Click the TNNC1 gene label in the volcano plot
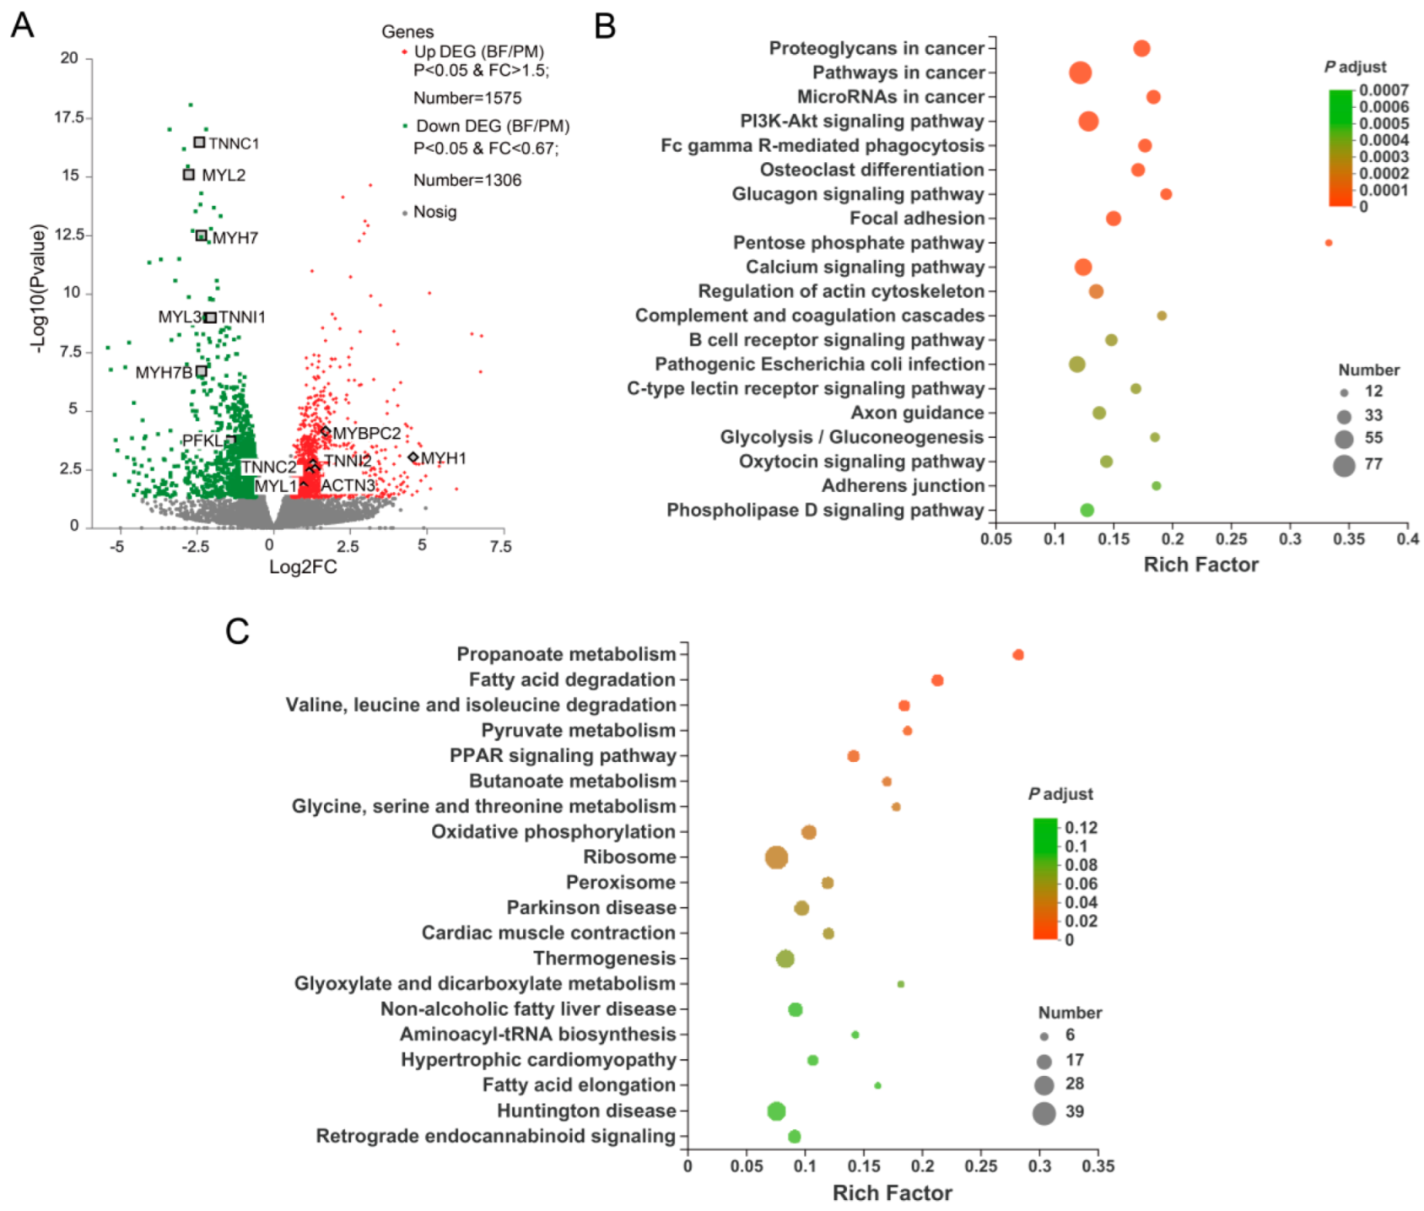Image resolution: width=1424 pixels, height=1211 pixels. [234, 143]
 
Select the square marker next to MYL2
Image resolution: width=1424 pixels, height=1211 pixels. [189, 175]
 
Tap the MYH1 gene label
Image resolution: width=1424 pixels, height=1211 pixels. [444, 458]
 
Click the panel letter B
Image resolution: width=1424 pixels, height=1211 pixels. [605, 25]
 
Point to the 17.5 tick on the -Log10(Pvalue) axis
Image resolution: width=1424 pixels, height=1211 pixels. [69, 117]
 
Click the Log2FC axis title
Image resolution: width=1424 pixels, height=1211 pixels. [302, 567]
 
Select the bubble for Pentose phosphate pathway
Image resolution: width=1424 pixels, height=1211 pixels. [1329, 243]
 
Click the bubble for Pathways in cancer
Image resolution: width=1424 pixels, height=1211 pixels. [1080, 73]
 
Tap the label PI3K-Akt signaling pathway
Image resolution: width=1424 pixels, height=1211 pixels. [861, 122]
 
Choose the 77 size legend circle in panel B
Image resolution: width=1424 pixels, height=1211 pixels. [1344, 465]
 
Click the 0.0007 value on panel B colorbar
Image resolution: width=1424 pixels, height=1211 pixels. [1384, 90]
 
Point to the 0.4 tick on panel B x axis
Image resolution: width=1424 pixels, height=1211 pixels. [1407, 538]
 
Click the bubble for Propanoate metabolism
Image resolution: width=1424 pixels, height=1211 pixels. [1018, 655]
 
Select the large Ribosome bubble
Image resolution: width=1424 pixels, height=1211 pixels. [776, 858]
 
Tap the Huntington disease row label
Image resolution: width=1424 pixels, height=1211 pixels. [585, 1111]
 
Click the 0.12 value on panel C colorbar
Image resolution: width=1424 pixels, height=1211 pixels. [1081, 828]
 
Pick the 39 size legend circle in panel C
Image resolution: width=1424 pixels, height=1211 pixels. [1044, 1113]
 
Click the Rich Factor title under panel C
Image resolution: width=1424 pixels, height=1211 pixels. [892, 1192]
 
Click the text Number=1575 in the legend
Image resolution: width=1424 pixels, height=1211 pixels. [467, 98]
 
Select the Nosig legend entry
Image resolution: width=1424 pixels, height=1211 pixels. [434, 212]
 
